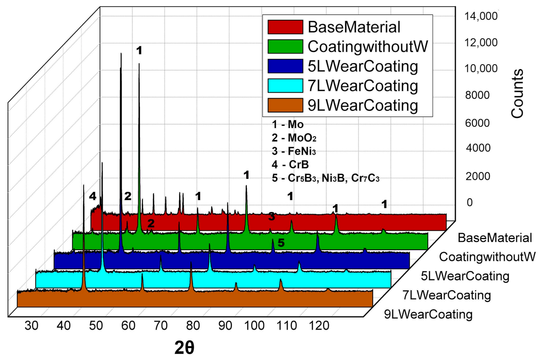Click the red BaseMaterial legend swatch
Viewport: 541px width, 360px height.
285,27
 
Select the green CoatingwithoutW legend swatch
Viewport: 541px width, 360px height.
285,47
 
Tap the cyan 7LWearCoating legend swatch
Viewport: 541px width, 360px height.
285,86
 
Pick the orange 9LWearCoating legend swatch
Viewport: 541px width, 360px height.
285,105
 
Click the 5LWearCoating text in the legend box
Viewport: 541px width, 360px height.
363,66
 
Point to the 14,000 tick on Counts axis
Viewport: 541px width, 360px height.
481,16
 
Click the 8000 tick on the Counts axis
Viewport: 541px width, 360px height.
477,95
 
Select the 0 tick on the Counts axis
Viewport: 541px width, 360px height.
469,203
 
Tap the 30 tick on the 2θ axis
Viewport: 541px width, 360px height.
32,326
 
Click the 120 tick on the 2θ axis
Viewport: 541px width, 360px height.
319,326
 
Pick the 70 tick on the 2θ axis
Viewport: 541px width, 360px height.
161,326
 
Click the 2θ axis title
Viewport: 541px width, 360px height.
184,348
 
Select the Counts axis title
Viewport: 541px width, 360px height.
517,94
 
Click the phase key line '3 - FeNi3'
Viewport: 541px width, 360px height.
294,151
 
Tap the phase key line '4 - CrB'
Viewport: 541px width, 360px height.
290,164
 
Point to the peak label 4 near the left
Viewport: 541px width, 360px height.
92,196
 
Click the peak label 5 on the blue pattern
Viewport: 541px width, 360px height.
281,243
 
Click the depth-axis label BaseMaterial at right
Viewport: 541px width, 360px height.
495,238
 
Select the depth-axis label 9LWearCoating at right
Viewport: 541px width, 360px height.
428,314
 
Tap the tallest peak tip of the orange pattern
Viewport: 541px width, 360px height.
84,186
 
